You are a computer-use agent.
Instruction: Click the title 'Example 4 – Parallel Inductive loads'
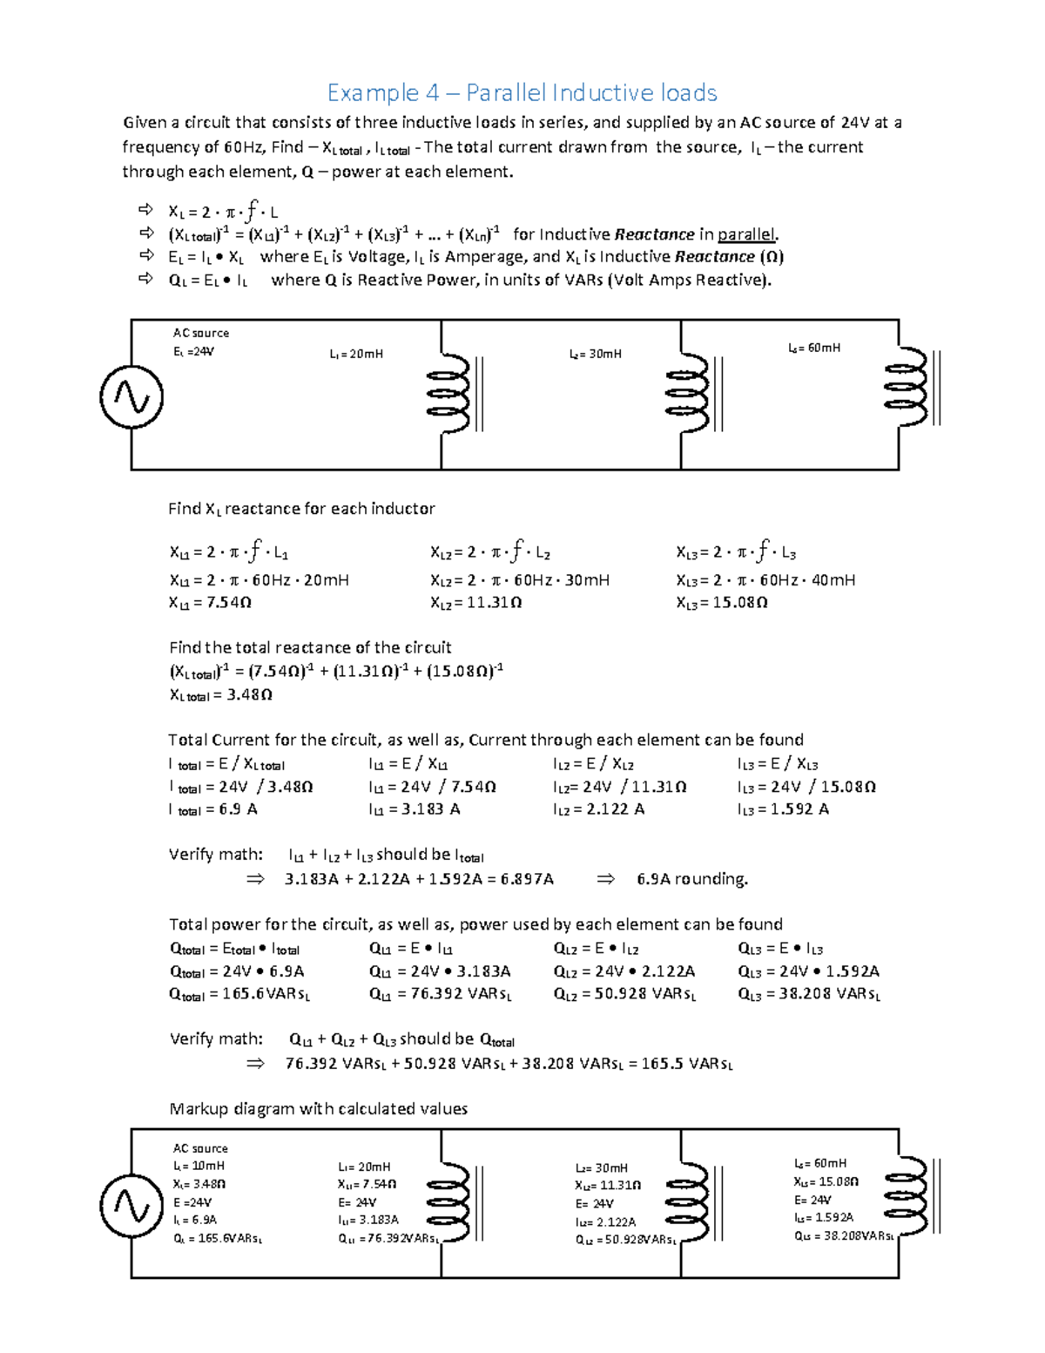tap(522, 92)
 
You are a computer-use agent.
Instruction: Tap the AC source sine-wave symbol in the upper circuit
tap(131, 397)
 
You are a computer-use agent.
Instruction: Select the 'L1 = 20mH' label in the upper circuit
tap(356, 354)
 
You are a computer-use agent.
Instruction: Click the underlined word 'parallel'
tap(746, 234)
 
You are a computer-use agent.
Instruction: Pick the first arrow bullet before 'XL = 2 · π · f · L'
tap(145, 210)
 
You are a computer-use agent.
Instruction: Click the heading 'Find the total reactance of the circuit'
tap(310, 647)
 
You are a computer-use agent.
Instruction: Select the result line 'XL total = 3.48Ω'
tap(221, 695)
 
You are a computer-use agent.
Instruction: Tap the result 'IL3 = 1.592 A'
tap(783, 809)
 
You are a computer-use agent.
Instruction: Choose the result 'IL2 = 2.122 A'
tap(598, 809)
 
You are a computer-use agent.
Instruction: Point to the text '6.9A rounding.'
tap(692, 879)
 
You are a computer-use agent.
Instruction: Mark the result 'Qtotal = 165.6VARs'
tap(239, 994)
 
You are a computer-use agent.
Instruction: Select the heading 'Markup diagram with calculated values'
tap(318, 1109)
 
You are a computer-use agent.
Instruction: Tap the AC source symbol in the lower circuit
tap(131, 1206)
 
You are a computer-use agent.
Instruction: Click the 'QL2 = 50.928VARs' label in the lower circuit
tap(625, 1240)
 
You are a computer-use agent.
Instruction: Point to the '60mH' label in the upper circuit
tap(814, 348)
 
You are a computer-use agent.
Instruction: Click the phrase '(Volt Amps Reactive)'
tap(690, 280)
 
